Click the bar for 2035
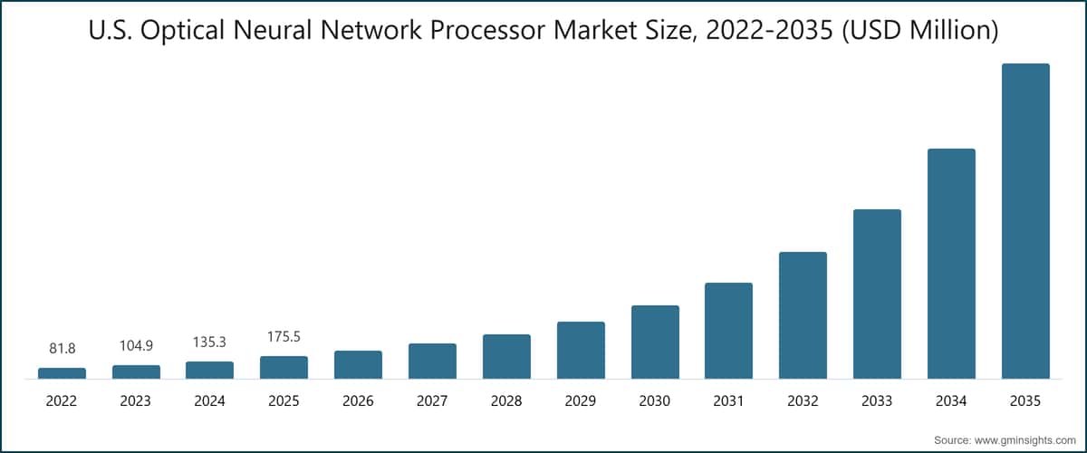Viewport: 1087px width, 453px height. coord(1025,221)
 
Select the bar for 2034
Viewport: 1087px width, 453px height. coord(951,264)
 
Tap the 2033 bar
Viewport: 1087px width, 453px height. coord(877,294)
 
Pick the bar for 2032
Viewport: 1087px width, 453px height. coord(803,315)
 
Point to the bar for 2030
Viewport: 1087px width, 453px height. coord(655,342)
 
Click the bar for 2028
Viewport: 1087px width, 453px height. coord(506,356)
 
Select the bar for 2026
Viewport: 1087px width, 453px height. coord(358,364)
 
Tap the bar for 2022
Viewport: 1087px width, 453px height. coord(62,373)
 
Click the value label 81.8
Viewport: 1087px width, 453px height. coord(62,348)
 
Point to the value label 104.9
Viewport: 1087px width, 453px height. coord(136,345)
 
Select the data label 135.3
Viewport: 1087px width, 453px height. coord(210,342)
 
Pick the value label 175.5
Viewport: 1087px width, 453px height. coord(284,336)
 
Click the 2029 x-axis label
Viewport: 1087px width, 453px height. coord(581,400)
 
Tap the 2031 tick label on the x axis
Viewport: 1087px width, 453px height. coord(728,400)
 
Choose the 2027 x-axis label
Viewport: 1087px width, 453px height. coord(432,400)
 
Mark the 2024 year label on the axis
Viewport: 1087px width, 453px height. coord(210,400)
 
